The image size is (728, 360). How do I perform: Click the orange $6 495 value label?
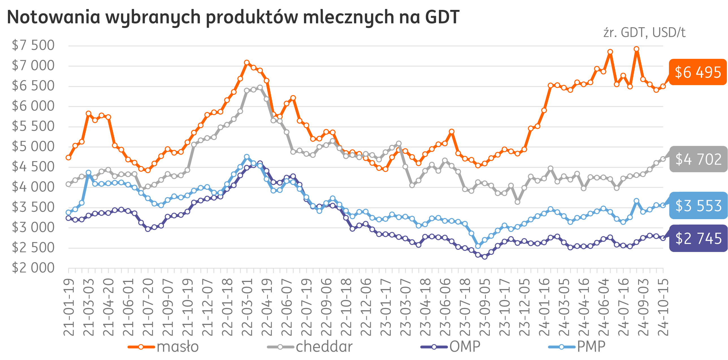[697, 72]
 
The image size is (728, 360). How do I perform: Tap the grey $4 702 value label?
[698, 159]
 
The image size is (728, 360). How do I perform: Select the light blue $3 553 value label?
[698, 206]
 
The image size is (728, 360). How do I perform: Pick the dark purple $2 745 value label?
[698, 238]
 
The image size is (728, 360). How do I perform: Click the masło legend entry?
[163, 347]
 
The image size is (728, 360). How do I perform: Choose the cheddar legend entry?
[310, 347]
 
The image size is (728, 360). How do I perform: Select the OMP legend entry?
[450, 347]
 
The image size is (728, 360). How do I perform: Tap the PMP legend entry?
[577, 347]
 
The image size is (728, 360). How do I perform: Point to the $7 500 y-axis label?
[33, 45]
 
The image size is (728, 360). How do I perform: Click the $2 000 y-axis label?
[33, 268]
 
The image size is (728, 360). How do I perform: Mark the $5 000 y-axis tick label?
[33, 146]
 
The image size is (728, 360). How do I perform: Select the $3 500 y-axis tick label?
[33, 207]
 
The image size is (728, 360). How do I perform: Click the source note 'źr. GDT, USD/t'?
[644, 33]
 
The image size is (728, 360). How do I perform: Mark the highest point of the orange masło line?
[636, 49]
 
